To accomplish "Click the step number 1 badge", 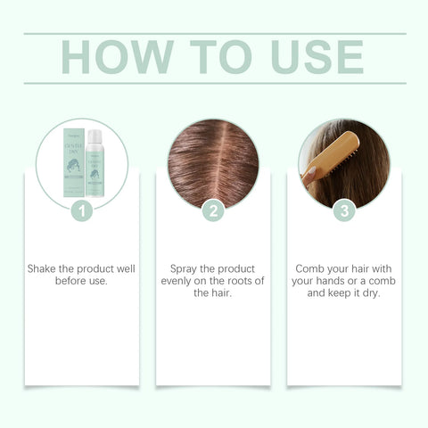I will (x=82, y=211).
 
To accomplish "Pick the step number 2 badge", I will (x=213, y=211).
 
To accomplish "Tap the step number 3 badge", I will (x=344, y=211).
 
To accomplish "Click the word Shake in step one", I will (x=45, y=268).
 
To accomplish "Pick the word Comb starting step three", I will (x=309, y=268).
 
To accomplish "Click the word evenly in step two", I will (x=179, y=280).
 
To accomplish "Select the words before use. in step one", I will (x=81, y=280).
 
